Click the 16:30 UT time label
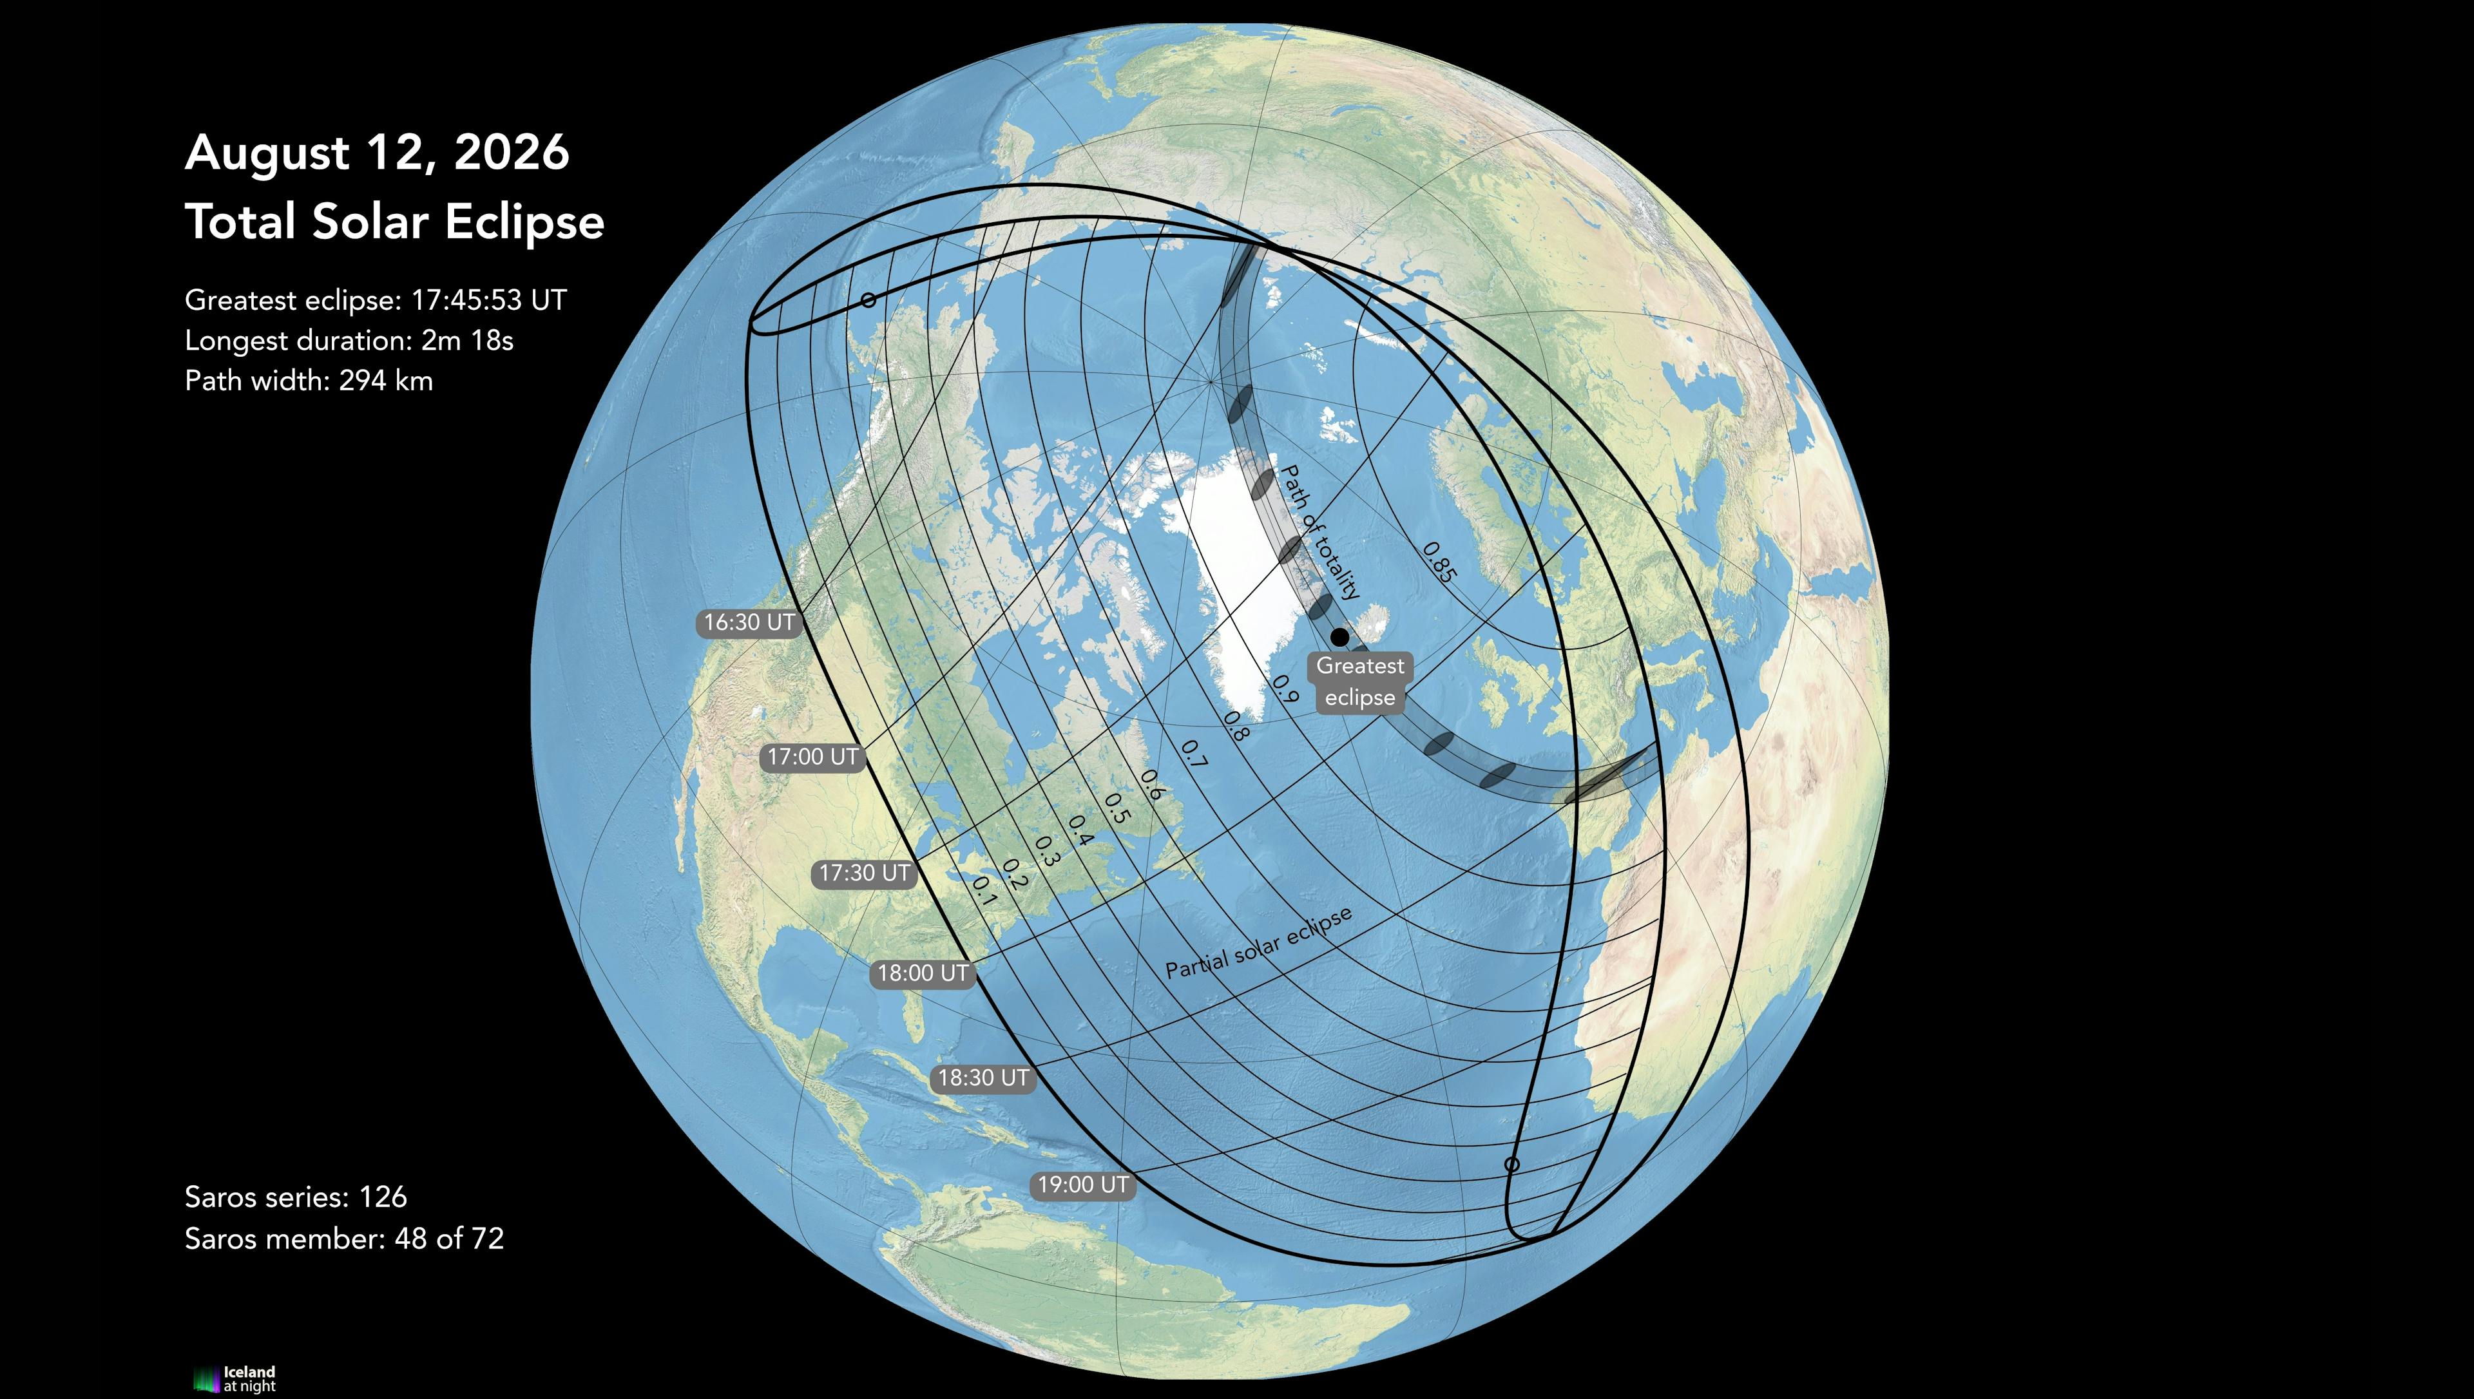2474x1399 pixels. pyautogui.click(x=749, y=623)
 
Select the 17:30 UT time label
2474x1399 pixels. pyautogui.click(x=865, y=873)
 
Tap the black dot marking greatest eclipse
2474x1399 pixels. pyautogui.click(x=1339, y=636)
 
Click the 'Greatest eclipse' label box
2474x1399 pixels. pyautogui.click(x=1359, y=681)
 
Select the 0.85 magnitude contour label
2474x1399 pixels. pyautogui.click(x=1439, y=562)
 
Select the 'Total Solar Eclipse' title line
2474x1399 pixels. pyautogui.click(x=394, y=222)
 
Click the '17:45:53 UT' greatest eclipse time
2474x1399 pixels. pyautogui.click(x=489, y=301)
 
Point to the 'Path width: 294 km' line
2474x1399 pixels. pyautogui.click(x=309, y=381)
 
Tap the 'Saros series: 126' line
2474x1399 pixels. pyautogui.click(x=296, y=1197)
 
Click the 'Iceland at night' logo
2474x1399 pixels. pyautogui.click(x=235, y=1379)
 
